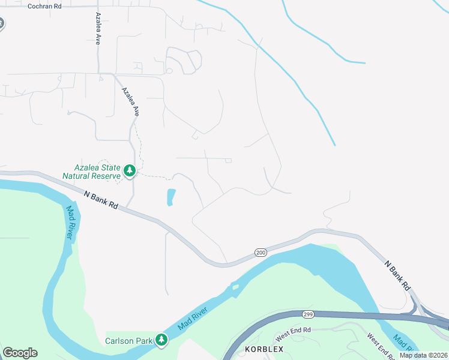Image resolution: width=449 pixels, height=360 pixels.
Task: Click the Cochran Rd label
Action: (x=44, y=5)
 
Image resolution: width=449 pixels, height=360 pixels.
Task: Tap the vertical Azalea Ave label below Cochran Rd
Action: (x=97, y=28)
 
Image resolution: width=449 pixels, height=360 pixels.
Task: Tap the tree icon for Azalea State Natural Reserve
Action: (x=129, y=171)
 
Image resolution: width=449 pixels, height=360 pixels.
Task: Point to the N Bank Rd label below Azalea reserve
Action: (x=101, y=200)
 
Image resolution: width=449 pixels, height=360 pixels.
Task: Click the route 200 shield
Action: (x=260, y=253)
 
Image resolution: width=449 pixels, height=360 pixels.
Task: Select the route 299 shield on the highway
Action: (x=309, y=314)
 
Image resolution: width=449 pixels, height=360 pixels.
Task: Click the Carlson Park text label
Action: (x=128, y=341)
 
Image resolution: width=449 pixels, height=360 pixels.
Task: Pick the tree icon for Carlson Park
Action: (x=161, y=340)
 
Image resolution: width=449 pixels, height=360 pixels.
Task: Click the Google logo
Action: (x=20, y=353)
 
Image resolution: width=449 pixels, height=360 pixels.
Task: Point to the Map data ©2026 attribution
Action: (x=423, y=355)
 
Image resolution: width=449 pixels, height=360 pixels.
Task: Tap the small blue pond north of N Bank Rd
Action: (x=170, y=197)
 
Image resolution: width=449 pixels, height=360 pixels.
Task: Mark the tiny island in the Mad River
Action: (x=236, y=287)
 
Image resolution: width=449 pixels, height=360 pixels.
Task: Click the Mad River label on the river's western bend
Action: (x=70, y=221)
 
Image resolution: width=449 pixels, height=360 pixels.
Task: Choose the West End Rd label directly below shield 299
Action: (x=294, y=331)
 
